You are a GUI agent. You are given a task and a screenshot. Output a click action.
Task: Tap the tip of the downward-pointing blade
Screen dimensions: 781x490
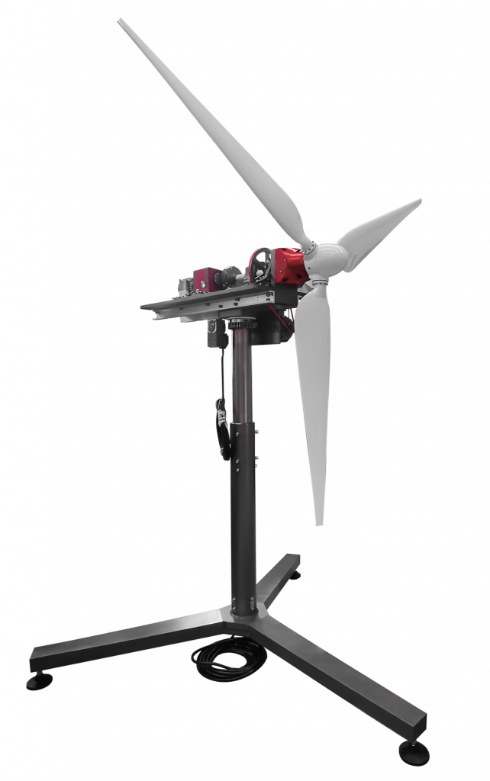pos(320,522)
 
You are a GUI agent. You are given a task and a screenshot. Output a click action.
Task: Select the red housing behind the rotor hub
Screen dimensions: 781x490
pos(289,266)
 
